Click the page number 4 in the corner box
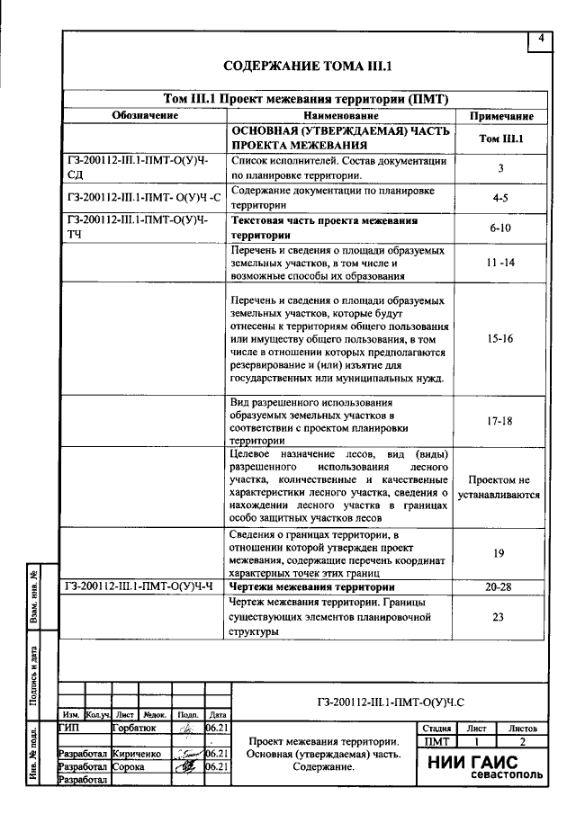(x=541, y=39)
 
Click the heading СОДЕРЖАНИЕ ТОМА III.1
(x=307, y=67)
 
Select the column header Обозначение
(x=145, y=116)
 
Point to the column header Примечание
(x=501, y=116)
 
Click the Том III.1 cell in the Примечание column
(x=501, y=139)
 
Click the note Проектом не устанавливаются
(x=499, y=487)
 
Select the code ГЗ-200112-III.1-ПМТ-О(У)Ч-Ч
(x=144, y=586)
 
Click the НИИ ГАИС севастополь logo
(x=482, y=767)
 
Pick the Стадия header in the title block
(x=436, y=728)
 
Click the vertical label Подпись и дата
(x=33, y=671)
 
